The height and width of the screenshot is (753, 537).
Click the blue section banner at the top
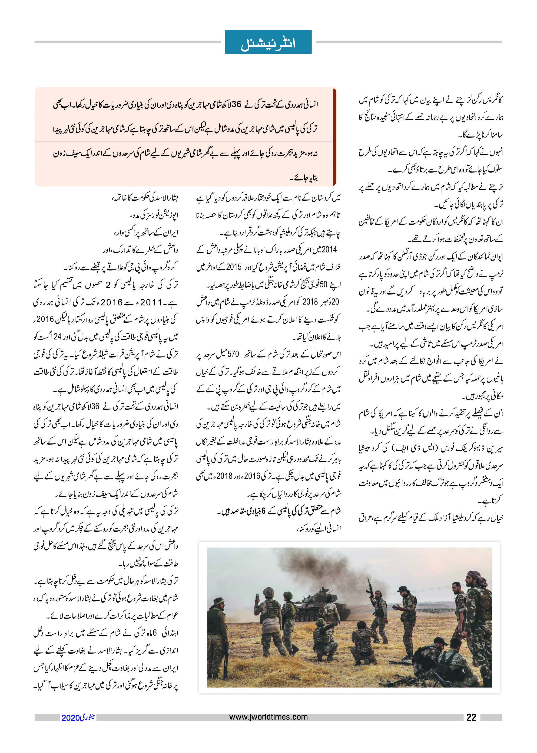(x=268, y=42)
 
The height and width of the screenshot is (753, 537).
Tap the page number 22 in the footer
(x=471, y=717)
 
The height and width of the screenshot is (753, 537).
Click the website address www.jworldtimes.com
(x=268, y=717)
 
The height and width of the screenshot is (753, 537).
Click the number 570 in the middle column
(x=233, y=354)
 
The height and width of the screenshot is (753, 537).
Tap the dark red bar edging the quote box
(x=334, y=137)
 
